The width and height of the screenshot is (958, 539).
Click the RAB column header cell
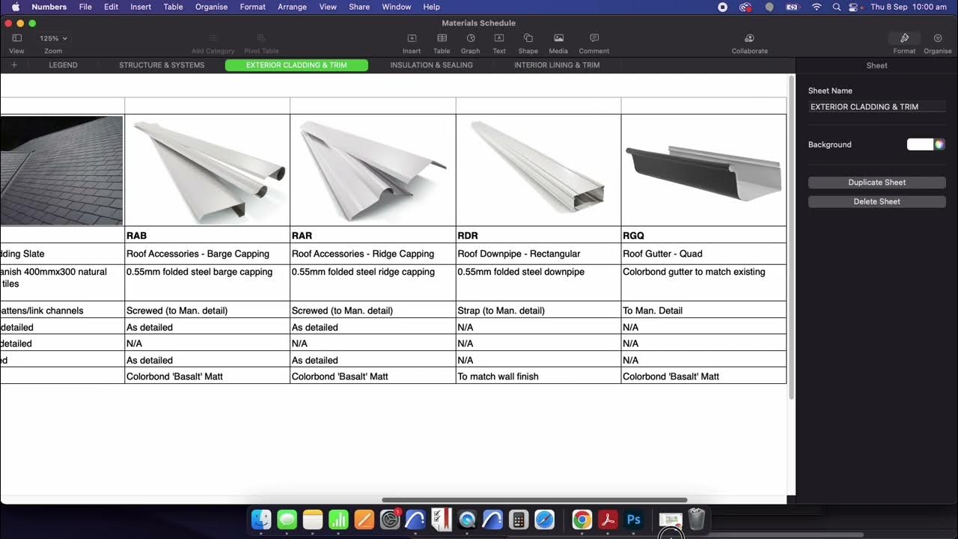pos(207,235)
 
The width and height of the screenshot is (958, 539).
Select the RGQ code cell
pos(703,235)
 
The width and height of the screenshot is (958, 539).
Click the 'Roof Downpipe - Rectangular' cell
pos(537,254)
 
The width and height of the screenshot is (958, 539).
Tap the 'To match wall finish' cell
pos(537,377)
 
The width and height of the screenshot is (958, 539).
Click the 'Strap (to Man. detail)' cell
pos(537,311)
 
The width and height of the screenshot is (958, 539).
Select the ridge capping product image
pos(372,171)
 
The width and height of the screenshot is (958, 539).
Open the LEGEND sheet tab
pos(63,65)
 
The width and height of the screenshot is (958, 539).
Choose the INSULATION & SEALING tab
pos(431,65)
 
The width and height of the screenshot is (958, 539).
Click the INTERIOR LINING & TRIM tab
pos(556,65)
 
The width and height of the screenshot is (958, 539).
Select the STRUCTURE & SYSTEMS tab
pos(162,65)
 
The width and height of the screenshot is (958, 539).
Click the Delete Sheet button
pos(876,201)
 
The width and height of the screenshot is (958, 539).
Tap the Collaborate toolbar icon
pos(749,39)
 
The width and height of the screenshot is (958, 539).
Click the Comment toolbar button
pos(594,39)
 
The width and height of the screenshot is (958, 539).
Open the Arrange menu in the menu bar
pos(292,7)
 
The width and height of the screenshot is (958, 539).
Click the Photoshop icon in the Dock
pos(633,519)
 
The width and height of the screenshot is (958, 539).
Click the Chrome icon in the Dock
pos(582,519)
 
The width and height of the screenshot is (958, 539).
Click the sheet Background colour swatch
pos(920,144)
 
